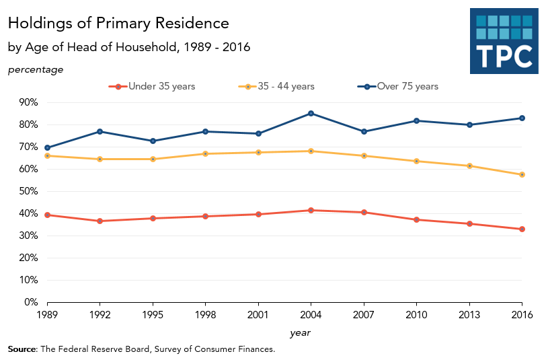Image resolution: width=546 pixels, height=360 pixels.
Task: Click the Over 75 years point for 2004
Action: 311,113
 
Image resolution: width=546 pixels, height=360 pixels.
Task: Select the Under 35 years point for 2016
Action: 522,229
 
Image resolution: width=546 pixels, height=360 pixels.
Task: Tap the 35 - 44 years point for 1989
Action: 47,155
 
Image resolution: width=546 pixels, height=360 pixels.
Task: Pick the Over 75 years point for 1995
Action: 153,141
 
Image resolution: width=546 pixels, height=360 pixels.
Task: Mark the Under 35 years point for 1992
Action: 100,221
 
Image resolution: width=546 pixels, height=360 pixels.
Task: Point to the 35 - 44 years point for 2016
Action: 522,174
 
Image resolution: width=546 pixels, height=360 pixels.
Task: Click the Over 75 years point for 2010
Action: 416,120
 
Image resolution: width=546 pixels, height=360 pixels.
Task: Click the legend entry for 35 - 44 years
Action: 277,86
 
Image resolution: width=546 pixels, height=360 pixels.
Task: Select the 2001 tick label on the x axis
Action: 258,315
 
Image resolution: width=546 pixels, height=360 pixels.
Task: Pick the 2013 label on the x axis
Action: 469,315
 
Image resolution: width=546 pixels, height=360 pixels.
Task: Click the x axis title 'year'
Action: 300,332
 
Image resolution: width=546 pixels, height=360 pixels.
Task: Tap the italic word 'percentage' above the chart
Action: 36,69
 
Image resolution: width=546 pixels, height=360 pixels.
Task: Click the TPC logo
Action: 504,41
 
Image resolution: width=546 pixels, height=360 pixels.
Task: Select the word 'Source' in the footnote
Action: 23,349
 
